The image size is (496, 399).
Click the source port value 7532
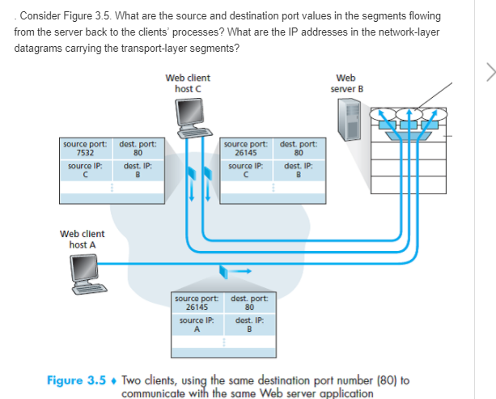(x=84, y=151)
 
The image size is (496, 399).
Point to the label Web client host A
(x=81, y=239)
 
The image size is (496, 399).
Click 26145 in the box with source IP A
(x=197, y=307)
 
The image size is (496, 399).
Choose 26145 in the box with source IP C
(x=245, y=151)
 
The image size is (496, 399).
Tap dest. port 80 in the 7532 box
(x=138, y=151)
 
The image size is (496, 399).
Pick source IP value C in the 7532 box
(x=84, y=172)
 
